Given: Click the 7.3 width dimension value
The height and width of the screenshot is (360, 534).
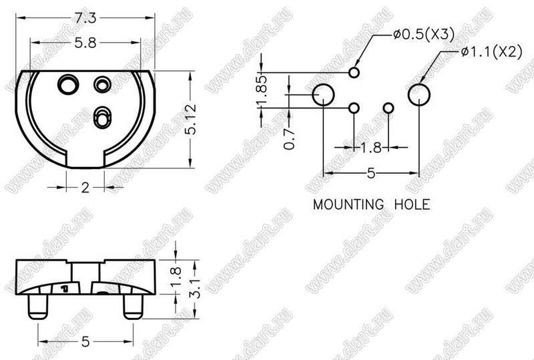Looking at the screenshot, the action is [85, 18].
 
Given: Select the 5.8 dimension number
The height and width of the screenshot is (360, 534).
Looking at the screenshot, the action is [85, 43].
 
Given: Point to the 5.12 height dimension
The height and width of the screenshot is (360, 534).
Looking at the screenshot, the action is [192, 120].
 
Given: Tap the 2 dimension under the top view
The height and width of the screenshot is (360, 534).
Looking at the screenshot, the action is [85, 188].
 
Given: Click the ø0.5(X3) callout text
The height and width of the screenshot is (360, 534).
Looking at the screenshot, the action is [424, 35].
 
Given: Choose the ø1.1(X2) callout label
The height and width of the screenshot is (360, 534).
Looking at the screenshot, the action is [491, 52].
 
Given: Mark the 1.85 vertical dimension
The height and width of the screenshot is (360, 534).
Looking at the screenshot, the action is [262, 91].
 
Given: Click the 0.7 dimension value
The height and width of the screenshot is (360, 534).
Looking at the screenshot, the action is [289, 139].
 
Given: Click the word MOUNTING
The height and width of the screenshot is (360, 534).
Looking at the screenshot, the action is [348, 204].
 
